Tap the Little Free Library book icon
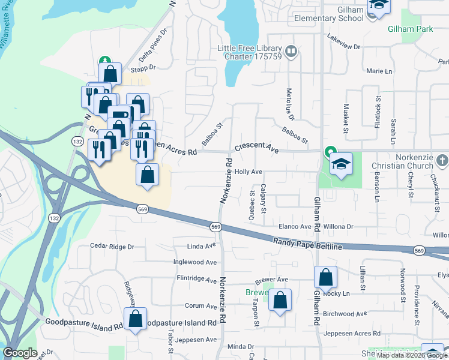click(x=291, y=52)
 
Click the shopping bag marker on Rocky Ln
click(x=325, y=278)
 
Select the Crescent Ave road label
click(x=256, y=148)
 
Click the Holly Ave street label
click(x=249, y=172)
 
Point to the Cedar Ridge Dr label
click(x=112, y=246)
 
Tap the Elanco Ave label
click(x=295, y=227)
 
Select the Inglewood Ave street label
click(x=194, y=262)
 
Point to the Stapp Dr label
click(x=143, y=68)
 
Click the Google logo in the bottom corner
click(x=20, y=353)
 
